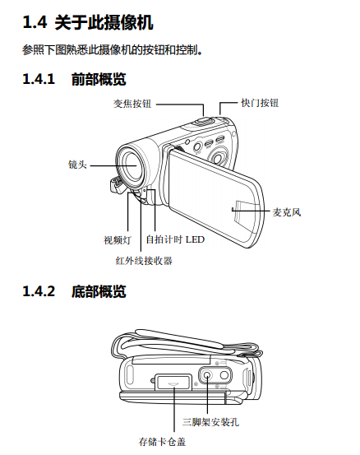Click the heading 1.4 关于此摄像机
pos(88,22)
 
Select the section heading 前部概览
pos(99,79)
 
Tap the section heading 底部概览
pos(99,291)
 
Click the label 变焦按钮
pos(132,104)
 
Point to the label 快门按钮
pos(260,103)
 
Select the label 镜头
pos(77,165)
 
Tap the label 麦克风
pos(287,212)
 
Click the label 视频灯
pos(118,240)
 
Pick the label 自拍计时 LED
pos(175,239)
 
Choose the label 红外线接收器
pos(144,261)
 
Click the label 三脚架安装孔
pos(210,421)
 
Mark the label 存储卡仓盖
pos(162,442)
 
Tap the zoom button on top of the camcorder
pos(203,121)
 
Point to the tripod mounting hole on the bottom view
pos(207,375)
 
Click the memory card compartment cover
pos(173,382)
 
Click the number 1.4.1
pos(39,79)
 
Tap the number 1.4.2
pos(39,291)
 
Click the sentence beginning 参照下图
pos(112,50)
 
